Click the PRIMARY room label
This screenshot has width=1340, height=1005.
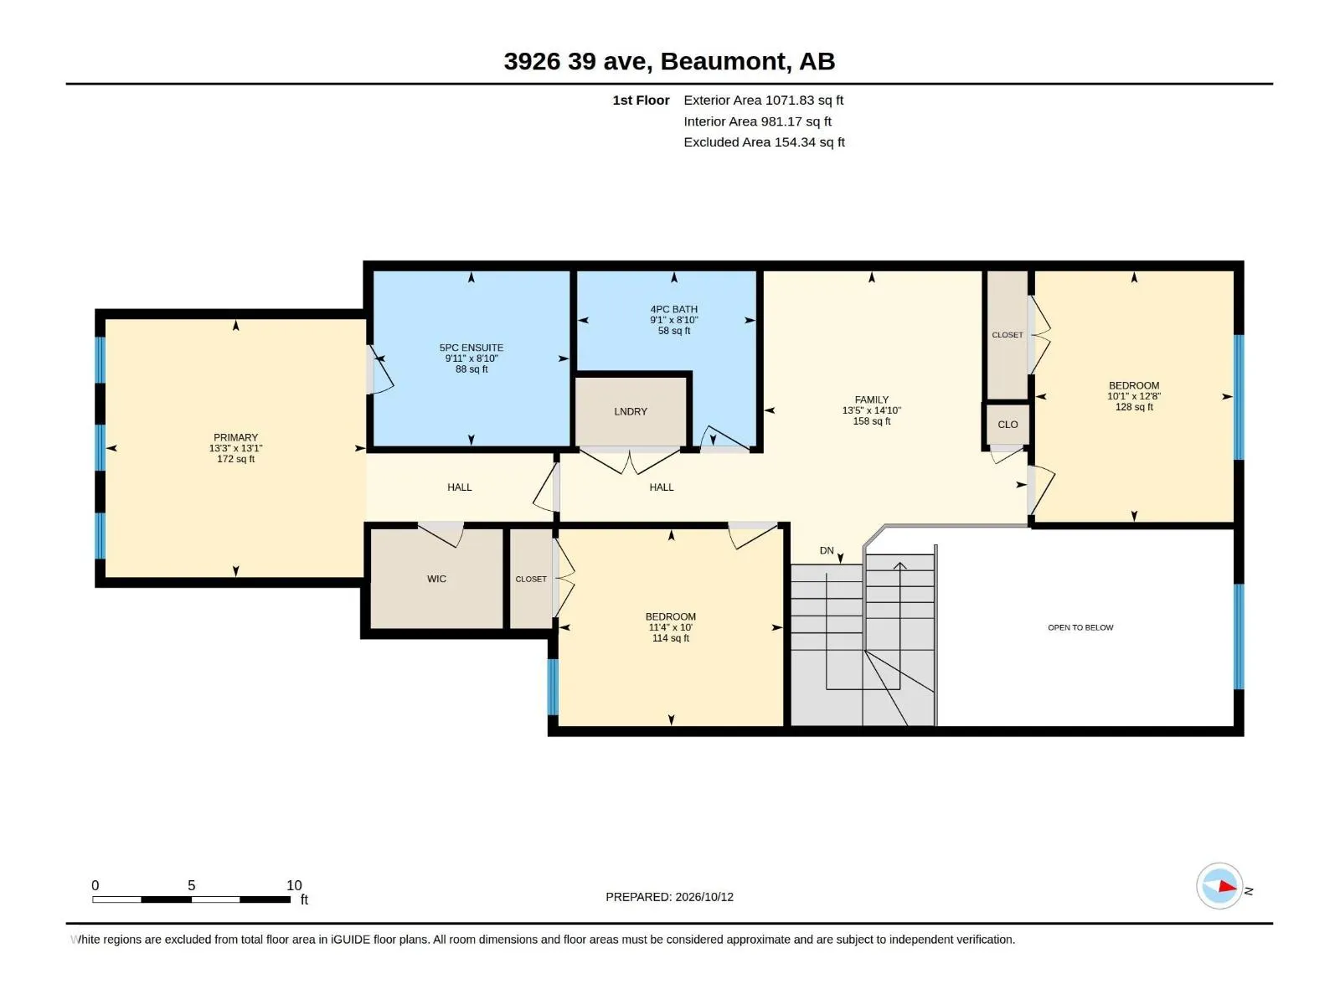pyautogui.click(x=235, y=437)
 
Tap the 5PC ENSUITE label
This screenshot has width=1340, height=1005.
pyautogui.click(x=472, y=348)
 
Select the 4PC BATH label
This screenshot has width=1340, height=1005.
pyautogui.click(x=673, y=309)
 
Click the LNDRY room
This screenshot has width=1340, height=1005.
pyautogui.click(x=631, y=412)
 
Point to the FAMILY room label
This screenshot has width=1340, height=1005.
pyautogui.click(x=871, y=399)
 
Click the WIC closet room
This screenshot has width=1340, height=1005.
pyautogui.click(x=436, y=579)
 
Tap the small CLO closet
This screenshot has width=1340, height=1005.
pyautogui.click(x=1008, y=424)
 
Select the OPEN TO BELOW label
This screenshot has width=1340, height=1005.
pyautogui.click(x=1080, y=627)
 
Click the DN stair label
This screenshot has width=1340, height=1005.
pyautogui.click(x=826, y=550)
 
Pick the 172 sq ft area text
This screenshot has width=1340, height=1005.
pyautogui.click(x=235, y=459)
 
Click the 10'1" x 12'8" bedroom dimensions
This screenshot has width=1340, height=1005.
pyautogui.click(x=1134, y=396)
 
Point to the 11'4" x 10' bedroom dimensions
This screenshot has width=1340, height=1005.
pyautogui.click(x=670, y=627)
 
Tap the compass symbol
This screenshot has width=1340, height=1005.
pyautogui.click(x=1219, y=886)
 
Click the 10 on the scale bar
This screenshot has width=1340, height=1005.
pyautogui.click(x=294, y=885)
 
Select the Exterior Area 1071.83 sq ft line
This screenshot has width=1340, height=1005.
pyautogui.click(x=763, y=100)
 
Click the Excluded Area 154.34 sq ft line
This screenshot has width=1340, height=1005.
pyautogui.click(x=764, y=142)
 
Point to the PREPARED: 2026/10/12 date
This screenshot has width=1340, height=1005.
pyautogui.click(x=669, y=897)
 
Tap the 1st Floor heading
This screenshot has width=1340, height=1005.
pyautogui.click(x=641, y=100)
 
